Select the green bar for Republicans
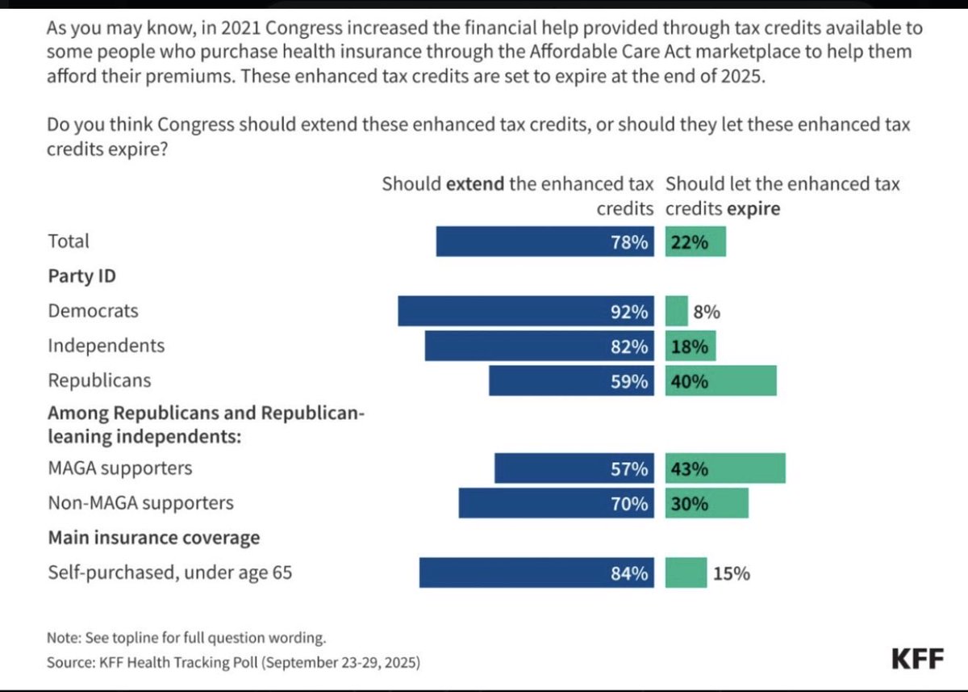(x=721, y=381)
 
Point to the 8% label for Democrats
(x=707, y=312)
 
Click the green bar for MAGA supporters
(x=725, y=468)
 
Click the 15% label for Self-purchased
(x=731, y=573)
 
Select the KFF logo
(x=917, y=659)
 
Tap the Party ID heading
(x=81, y=276)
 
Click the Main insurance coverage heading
(x=153, y=538)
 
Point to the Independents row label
(x=106, y=346)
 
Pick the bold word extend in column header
(x=475, y=184)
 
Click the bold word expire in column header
(x=753, y=209)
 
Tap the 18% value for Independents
(x=688, y=346)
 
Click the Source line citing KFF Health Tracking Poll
(x=233, y=662)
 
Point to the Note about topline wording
(x=186, y=637)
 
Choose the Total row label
(x=69, y=241)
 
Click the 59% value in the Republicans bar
(x=630, y=381)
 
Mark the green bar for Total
(x=695, y=241)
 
